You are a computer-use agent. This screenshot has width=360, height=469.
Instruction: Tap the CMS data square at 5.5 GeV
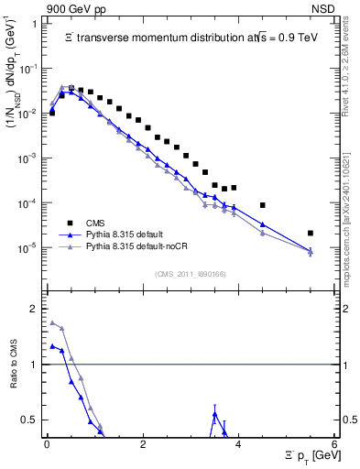point(311,234)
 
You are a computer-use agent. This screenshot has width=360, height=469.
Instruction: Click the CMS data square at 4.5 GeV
point(263,205)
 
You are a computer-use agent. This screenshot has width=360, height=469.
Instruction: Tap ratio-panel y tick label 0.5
point(28,420)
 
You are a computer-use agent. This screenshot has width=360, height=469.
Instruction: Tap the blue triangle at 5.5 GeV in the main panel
point(311,251)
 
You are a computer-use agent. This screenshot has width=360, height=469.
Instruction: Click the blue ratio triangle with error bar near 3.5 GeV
point(214,415)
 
